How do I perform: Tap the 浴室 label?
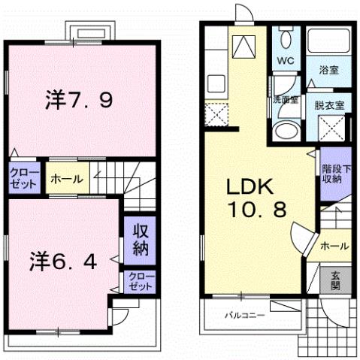tap(329, 70)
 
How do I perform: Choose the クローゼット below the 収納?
tap(141, 282)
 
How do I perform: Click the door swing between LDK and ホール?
tap(301, 241)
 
